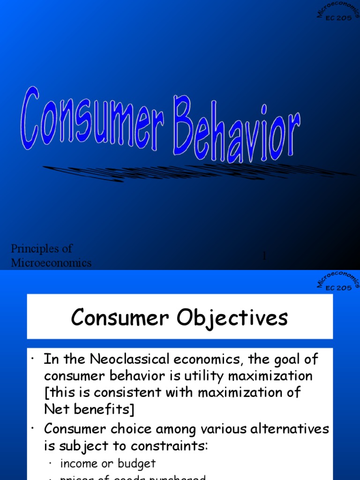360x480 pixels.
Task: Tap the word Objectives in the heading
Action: [234, 318]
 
